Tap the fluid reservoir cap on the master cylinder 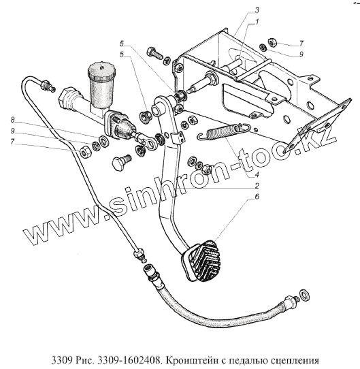102,70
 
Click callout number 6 257,197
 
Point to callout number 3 257,10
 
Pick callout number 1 257,22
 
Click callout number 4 257,174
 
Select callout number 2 257,186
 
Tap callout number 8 12,120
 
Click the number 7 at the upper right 301,43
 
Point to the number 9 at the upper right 301,54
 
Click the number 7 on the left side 12,142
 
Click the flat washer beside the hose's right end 305,295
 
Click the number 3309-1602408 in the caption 129,360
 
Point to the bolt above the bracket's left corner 154,54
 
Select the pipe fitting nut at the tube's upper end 45,84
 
